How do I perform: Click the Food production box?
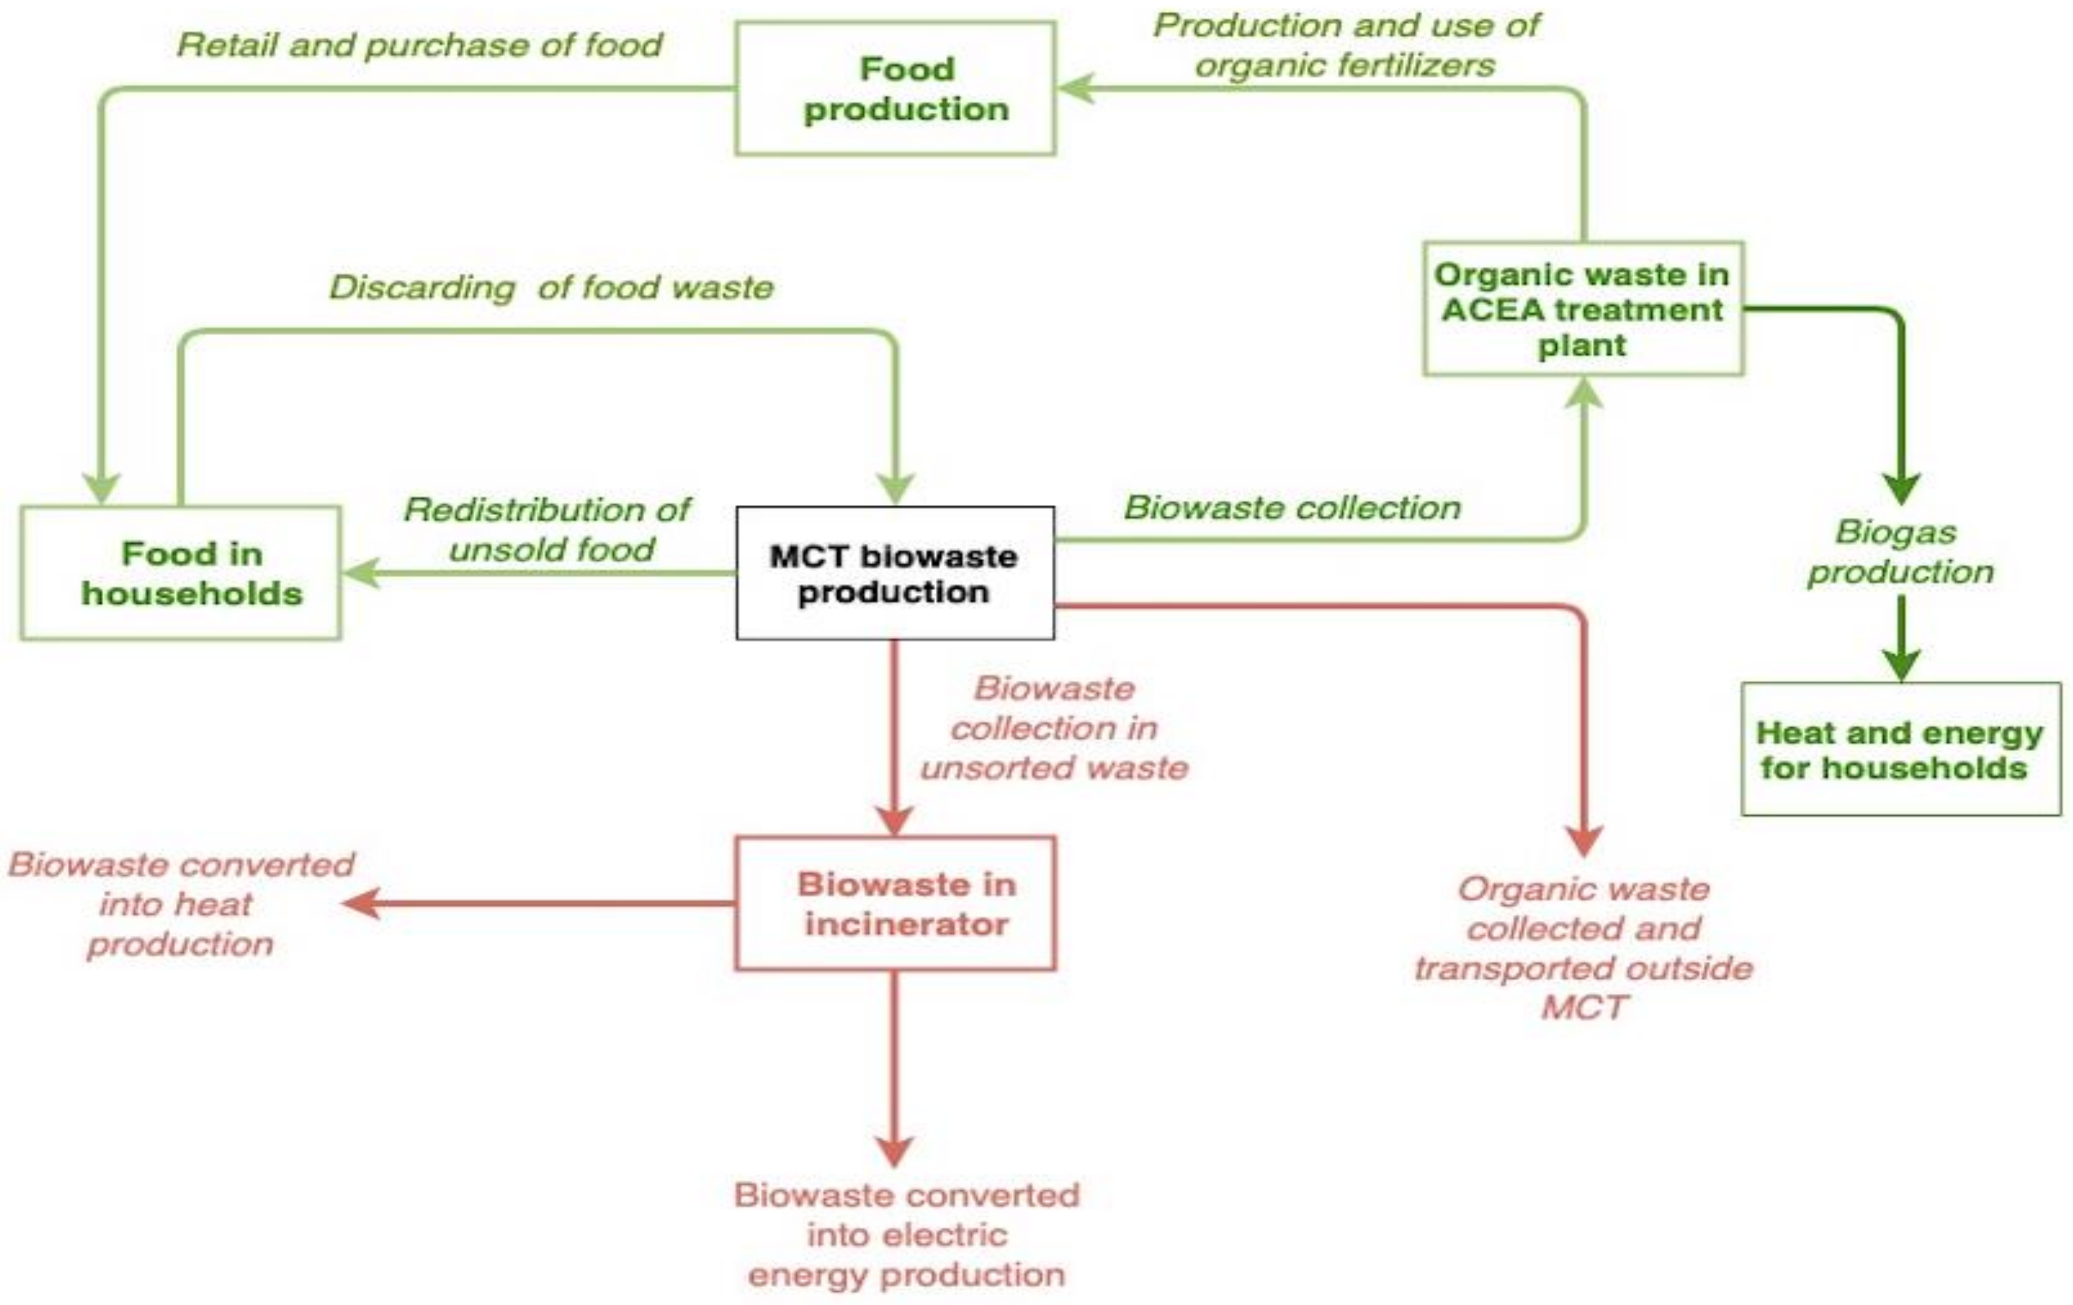click(x=895, y=89)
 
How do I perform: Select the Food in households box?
click(x=181, y=573)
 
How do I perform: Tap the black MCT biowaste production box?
click(x=895, y=573)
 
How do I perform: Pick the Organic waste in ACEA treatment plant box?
click(x=1583, y=309)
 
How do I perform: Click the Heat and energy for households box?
click(x=1900, y=749)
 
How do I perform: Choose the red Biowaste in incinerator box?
click(x=895, y=903)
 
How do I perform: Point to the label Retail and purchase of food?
click(x=420, y=45)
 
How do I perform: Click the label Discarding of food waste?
click(x=551, y=287)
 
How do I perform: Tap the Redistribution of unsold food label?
click(x=547, y=528)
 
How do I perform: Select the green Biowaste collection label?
click(x=1292, y=508)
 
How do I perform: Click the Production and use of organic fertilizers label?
click(x=1345, y=45)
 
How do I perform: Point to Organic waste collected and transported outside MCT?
click(x=1583, y=947)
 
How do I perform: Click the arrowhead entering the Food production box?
click(x=1076, y=89)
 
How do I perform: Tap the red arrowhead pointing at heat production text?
click(x=361, y=903)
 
